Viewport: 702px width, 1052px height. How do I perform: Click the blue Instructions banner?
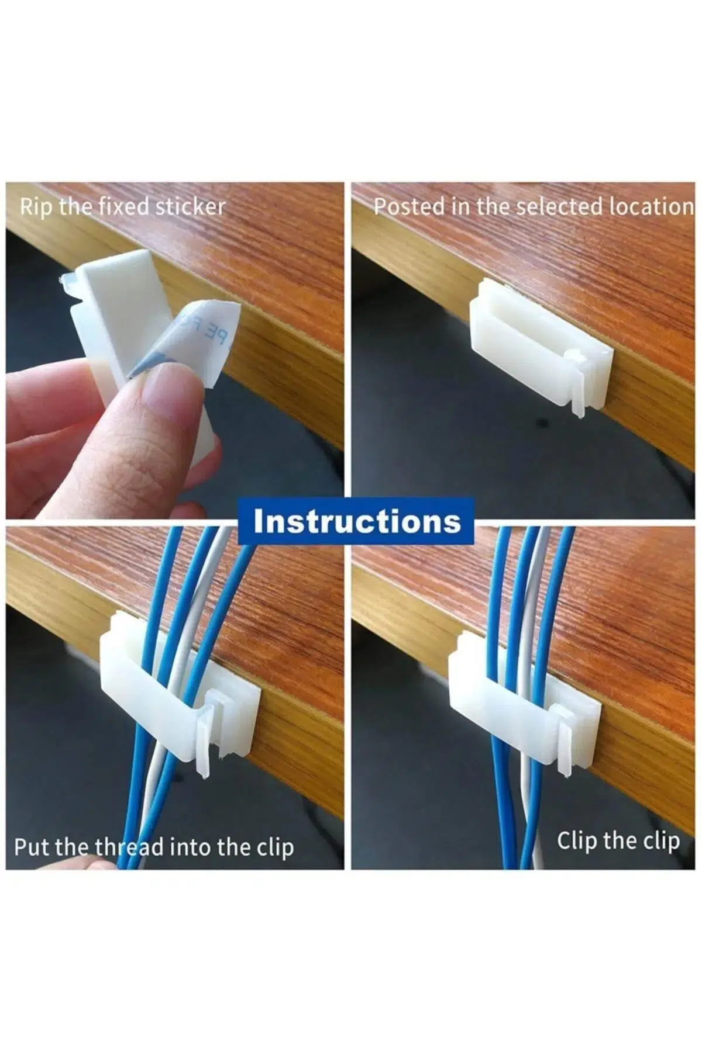click(356, 521)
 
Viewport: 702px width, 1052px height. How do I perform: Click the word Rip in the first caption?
click(37, 207)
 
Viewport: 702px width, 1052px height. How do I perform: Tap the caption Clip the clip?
click(618, 841)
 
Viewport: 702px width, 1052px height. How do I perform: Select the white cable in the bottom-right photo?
click(535, 701)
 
